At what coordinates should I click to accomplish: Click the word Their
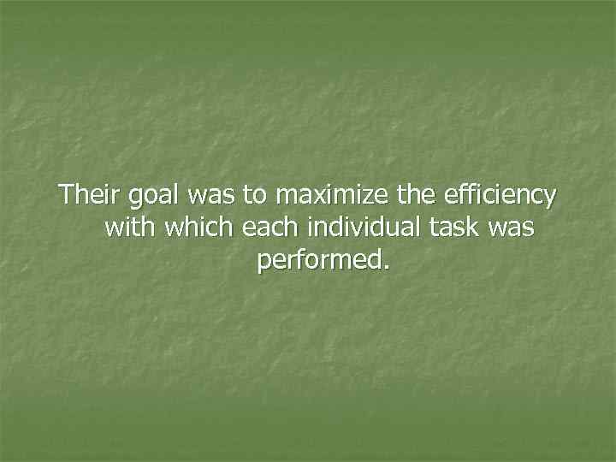pos(90,196)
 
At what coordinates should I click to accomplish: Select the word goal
pos(150,198)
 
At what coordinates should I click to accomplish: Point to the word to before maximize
pos(253,196)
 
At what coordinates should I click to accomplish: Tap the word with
pos(128,228)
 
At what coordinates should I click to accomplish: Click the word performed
pos(317,260)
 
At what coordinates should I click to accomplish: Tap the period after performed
pos(384,267)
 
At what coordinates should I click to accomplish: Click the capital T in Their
pos(65,196)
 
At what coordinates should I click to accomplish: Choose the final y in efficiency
pos(549,200)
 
